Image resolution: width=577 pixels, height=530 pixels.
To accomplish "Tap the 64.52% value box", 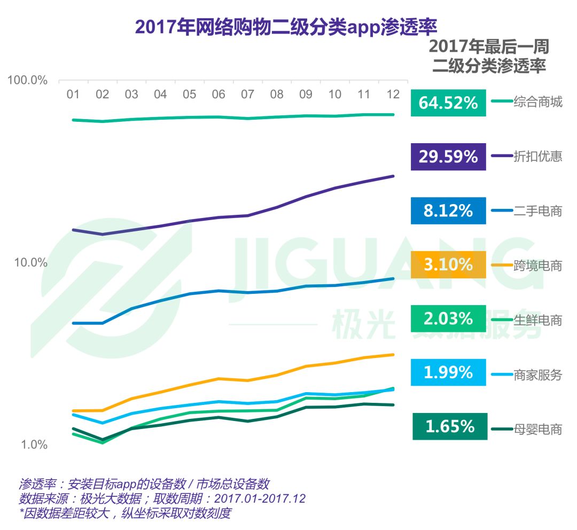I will pyautogui.click(x=448, y=103).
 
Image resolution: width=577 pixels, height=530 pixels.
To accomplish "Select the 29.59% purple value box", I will pyautogui.click(x=448, y=157).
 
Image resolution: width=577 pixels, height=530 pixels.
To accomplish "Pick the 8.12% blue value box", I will pyautogui.click(x=448, y=211).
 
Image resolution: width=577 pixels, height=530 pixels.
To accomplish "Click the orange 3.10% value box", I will pyautogui.click(x=448, y=264).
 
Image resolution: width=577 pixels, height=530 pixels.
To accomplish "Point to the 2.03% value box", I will pyautogui.click(x=448, y=319).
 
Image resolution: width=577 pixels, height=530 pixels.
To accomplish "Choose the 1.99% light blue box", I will pyautogui.click(x=448, y=372).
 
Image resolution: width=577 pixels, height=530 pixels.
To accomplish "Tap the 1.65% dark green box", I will pyautogui.click(x=450, y=426).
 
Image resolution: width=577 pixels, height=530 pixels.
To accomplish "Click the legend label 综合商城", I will pyautogui.click(x=537, y=102).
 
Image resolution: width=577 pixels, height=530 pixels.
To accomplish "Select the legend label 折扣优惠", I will pyautogui.click(x=537, y=157).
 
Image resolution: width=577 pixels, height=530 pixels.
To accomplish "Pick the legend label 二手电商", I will pyautogui.click(x=537, y=211).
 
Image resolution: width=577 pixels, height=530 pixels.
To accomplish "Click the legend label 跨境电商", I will pyautogui.click(x=537, y=266).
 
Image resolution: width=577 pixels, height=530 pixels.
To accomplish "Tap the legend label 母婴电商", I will pyautogui.click(x=537, y=429).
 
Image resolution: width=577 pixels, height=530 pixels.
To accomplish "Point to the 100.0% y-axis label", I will pyautogui.click(x=27, y=80).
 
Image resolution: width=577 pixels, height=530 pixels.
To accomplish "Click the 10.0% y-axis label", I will pyautogui.click(x=30, y=262).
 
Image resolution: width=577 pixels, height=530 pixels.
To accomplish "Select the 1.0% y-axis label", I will pyautogui.click(x=34, y=445).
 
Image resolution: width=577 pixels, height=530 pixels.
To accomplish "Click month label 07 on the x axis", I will pyautogui.click(x=247, y=95).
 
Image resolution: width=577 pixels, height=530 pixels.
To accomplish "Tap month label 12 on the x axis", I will pyautogui.click(x=393, y=94).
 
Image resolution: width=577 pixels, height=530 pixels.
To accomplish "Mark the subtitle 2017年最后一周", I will pyautogui.click(x=489, y=46).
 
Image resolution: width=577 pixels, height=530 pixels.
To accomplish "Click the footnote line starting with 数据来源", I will pyautogui.click(x=162, y=499).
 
